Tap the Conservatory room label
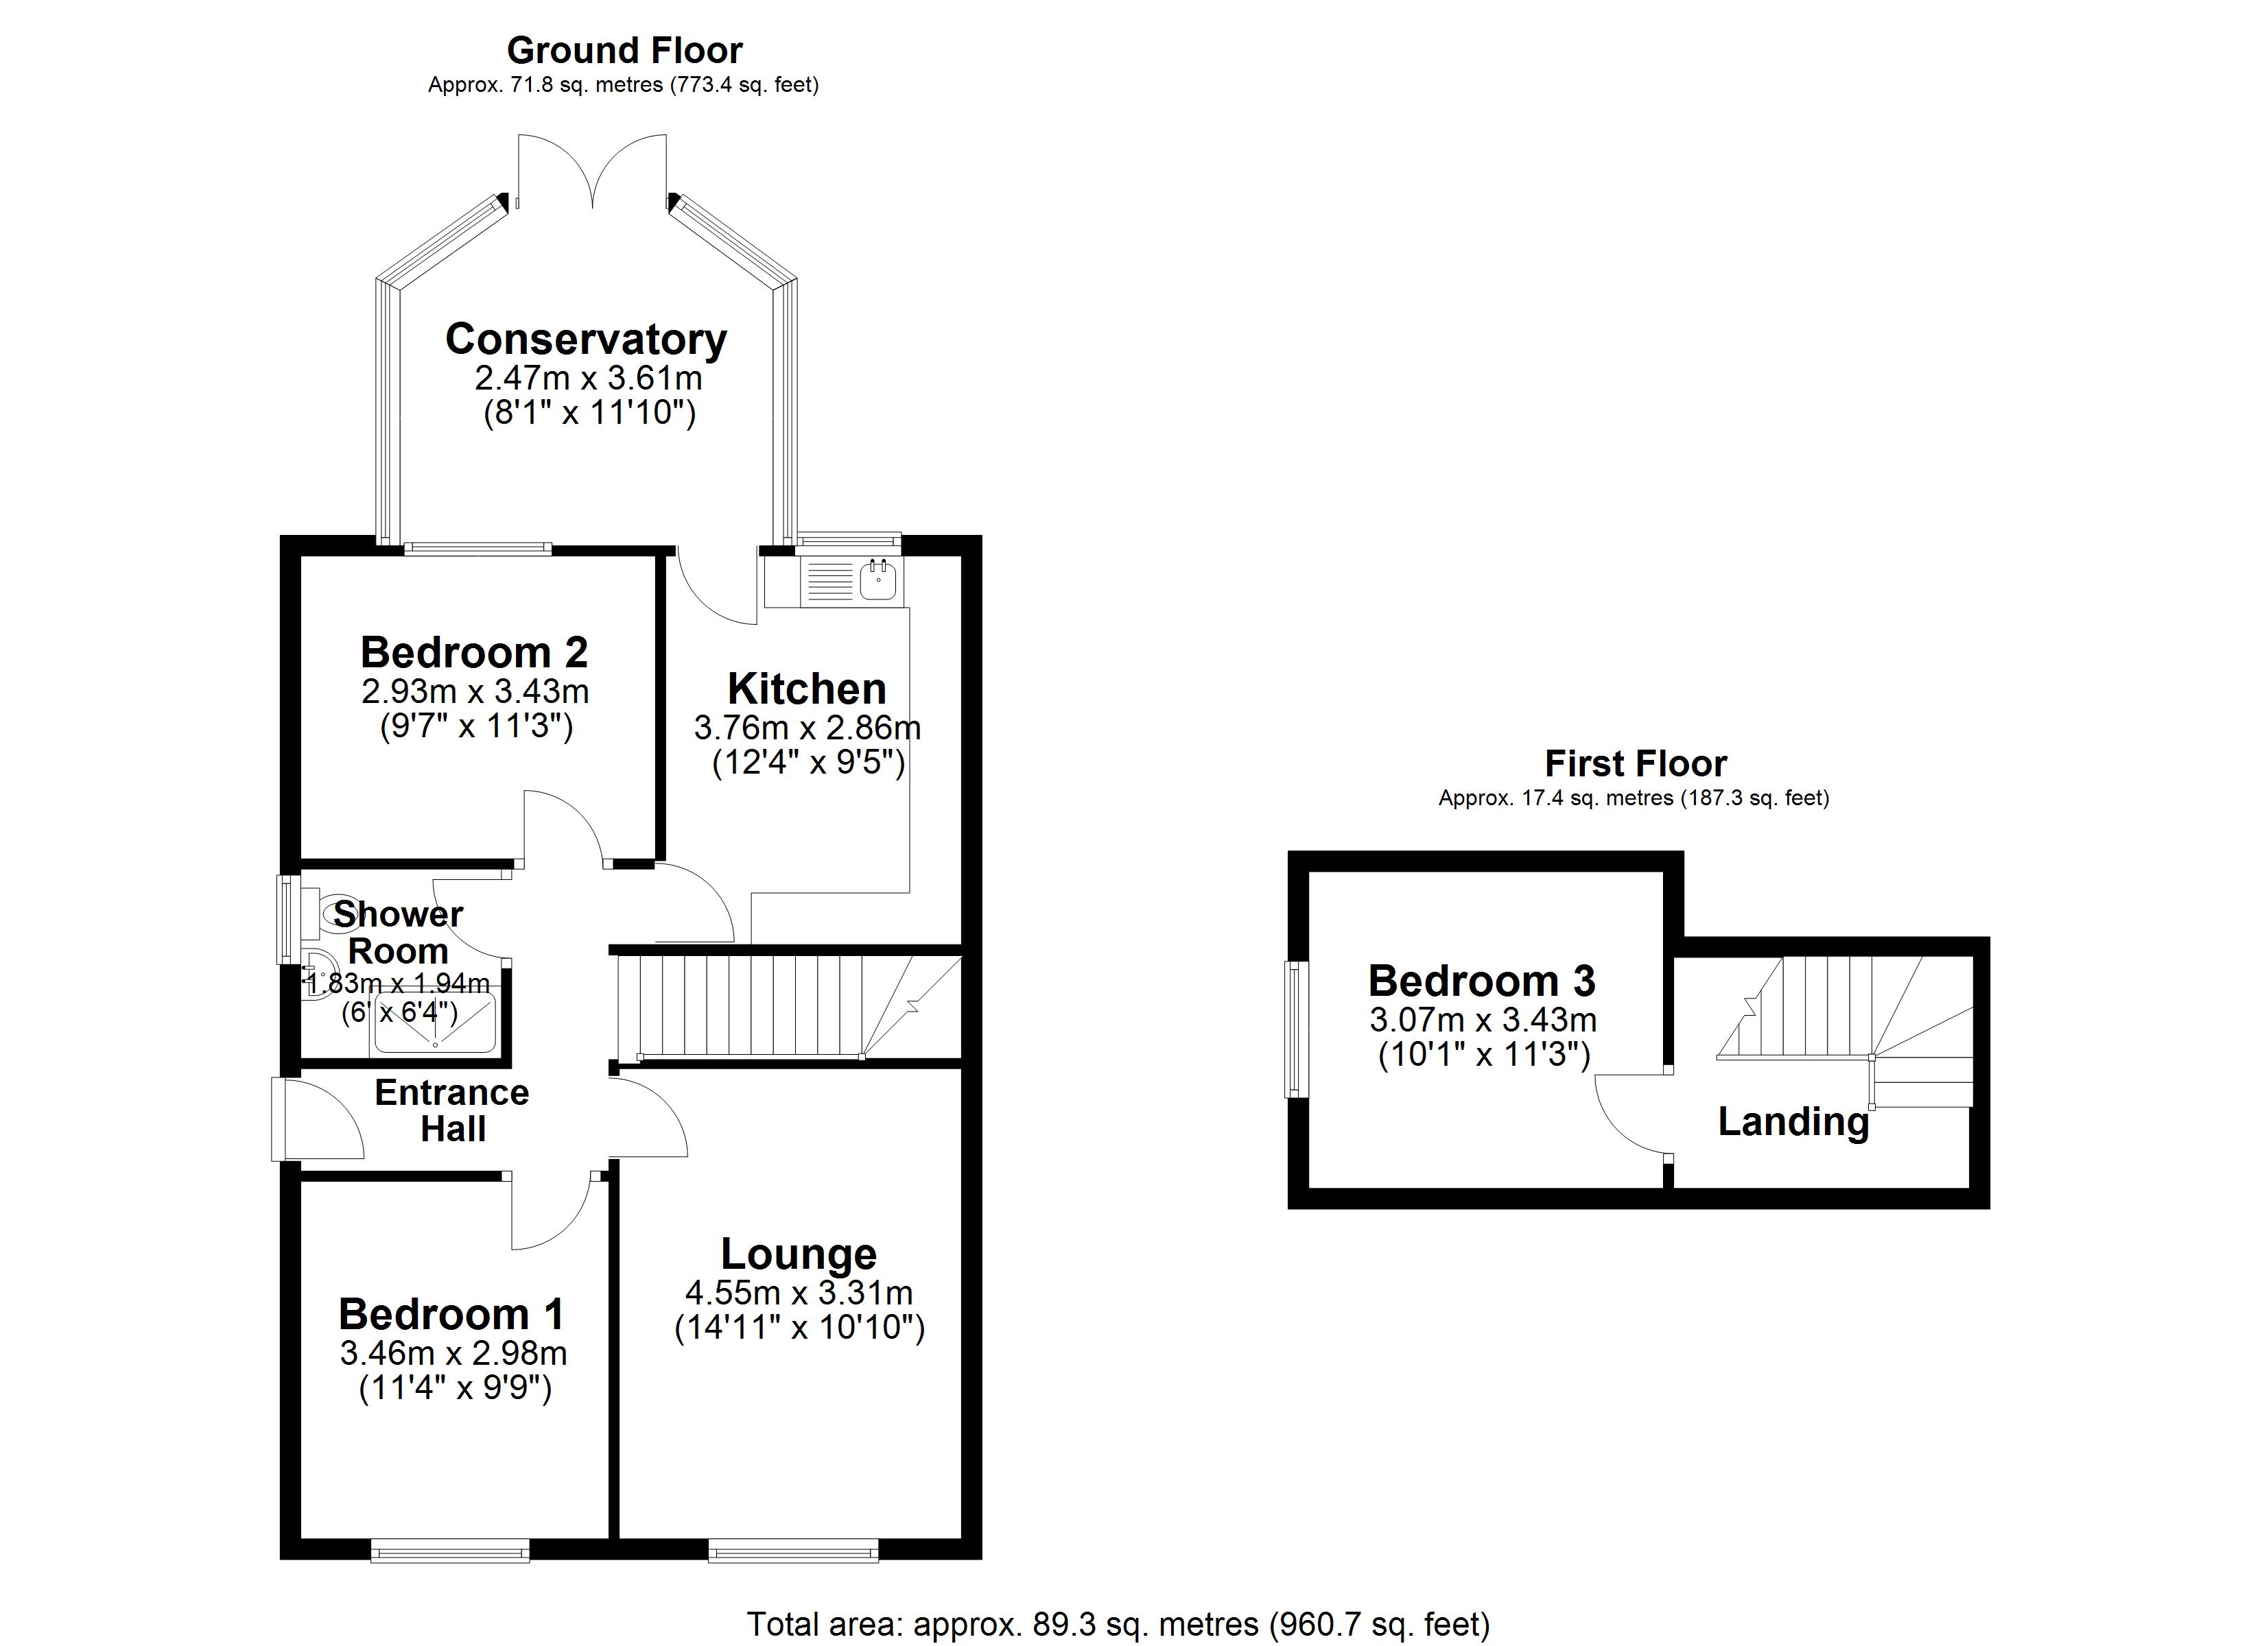[586, 339]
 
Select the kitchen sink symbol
[878, 581]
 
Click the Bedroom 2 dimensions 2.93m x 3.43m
[475, 691]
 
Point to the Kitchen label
[807, 689]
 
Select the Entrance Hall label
[452, 1110]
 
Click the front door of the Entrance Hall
[318, 1118]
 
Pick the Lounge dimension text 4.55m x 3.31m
[799, 1293]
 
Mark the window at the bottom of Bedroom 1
[450, 1549]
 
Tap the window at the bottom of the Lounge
[794, 1549]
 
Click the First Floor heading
[1635, 763]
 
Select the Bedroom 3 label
[1481, 981]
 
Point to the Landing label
[1793, 1122]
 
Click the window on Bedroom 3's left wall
[1297, 1029]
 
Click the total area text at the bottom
[1118, 1624]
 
